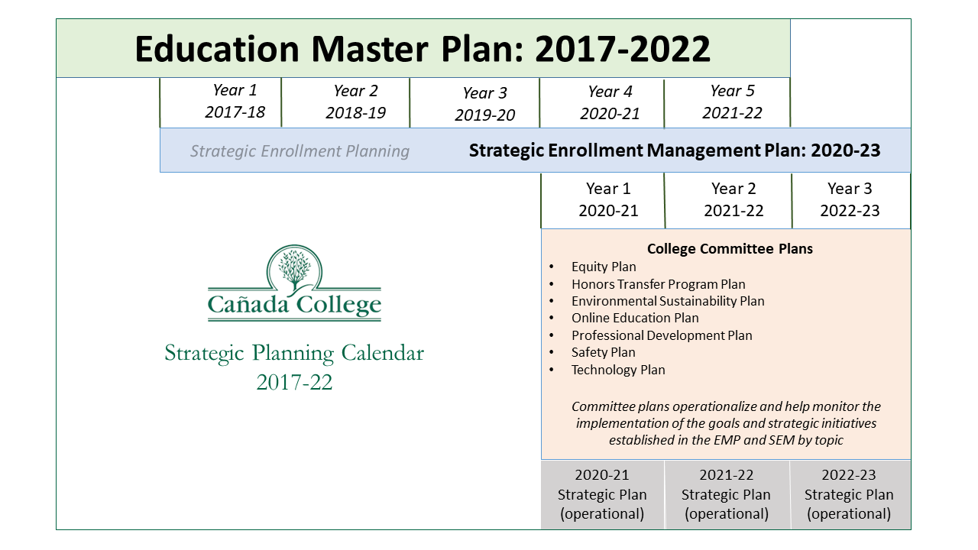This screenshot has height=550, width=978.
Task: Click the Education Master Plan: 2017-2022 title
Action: click(423, 48)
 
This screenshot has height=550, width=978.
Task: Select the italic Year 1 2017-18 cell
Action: click(221, 102)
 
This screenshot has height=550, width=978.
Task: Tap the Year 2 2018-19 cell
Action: click(345, 102)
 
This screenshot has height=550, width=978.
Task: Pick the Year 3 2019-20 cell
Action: click(474, 103)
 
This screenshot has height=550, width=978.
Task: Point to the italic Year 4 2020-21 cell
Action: click(601, 103)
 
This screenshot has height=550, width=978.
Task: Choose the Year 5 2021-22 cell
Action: click(727, 102)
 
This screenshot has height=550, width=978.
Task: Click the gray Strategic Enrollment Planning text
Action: click(300, 151)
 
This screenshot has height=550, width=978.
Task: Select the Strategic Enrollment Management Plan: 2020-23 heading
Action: click(675, 150)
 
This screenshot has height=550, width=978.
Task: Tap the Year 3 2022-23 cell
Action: click(851, 200)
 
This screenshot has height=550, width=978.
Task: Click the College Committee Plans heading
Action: click(730, 249)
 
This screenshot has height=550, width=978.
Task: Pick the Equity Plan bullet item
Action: click(604, 267)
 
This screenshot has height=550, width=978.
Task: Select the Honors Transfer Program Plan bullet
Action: click(659, 284)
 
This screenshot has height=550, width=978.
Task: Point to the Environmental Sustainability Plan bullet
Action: click(668, 301)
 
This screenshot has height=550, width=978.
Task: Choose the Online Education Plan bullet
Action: click(635, 319)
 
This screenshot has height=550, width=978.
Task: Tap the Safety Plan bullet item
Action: click(604, 352)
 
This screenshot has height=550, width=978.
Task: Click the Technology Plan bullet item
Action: click(618, 370)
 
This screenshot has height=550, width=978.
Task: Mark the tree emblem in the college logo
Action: click(294, 267)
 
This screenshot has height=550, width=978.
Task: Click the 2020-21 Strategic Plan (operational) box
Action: click(602, 494)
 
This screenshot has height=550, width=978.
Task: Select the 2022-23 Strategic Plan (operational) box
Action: click(850, 494)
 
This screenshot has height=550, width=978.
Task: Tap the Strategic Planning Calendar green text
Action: click(294, 353)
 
